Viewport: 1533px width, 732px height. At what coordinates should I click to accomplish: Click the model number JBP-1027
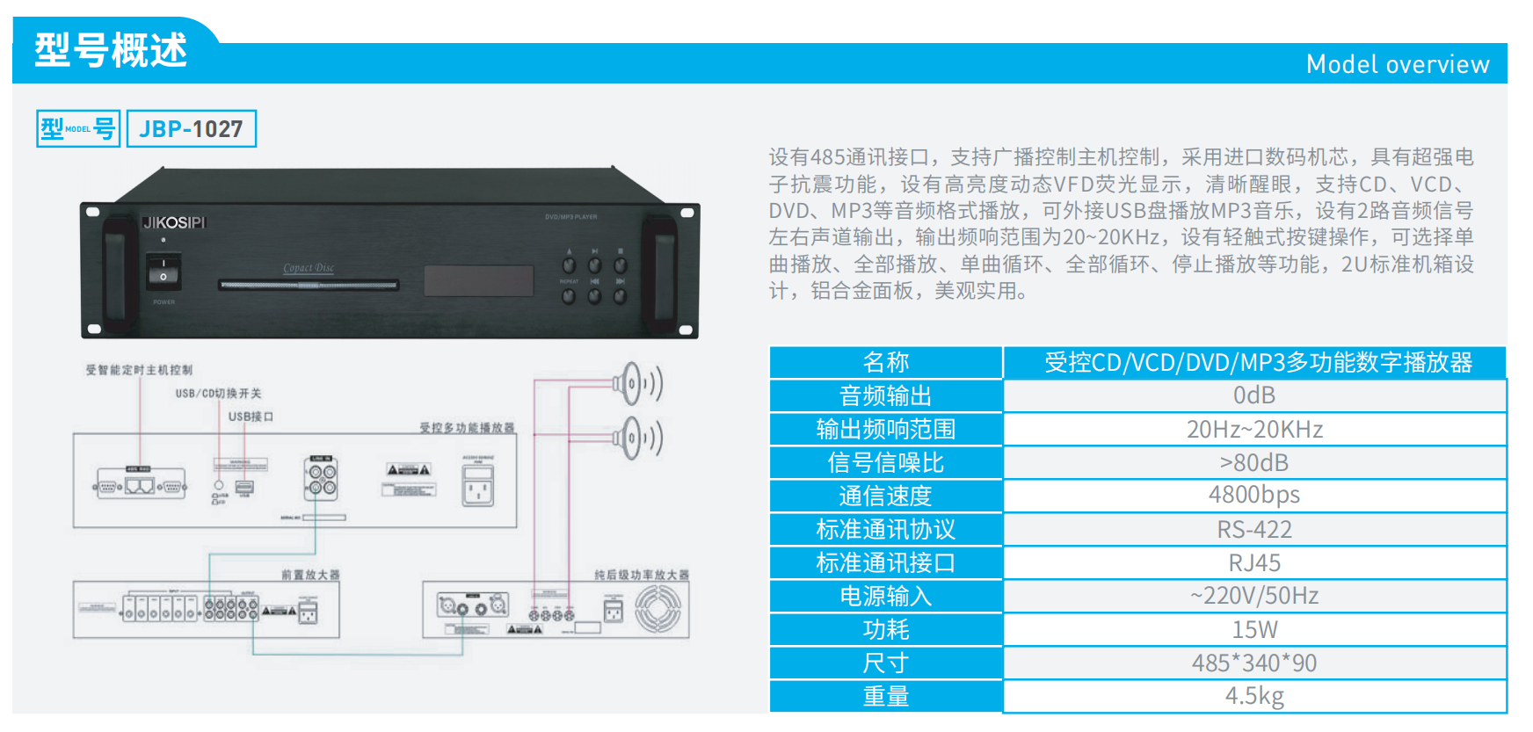(191, 129)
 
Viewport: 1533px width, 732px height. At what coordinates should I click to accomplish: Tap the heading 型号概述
(111, 50)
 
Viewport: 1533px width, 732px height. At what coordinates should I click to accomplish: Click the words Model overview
(1397, 64)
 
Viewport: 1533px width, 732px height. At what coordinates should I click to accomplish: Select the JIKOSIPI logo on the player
(174, 223)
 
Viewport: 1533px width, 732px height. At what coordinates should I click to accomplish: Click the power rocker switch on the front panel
(163, 271)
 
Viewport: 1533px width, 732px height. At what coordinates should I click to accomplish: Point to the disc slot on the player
(309, 285)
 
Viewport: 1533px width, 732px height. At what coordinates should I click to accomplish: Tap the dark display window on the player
(478, 281)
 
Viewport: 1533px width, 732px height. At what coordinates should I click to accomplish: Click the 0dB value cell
(1253, 395)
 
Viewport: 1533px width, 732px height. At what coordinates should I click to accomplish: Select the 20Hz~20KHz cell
(1253, 429)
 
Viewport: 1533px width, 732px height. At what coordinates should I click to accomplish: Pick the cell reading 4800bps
(1253, 496)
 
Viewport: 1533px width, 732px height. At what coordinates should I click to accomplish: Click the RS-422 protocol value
(1253, 529)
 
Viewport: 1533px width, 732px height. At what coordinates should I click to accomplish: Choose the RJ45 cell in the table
(1253, 562)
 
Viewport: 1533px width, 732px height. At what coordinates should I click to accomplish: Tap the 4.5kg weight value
(1253, 696)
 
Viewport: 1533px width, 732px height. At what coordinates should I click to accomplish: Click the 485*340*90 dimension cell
(1253, 663)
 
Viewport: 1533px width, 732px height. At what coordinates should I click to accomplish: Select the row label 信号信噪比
(885, 462)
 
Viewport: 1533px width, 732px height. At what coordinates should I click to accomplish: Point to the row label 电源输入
(885, 596)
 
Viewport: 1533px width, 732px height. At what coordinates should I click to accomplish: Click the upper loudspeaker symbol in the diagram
(635, 384)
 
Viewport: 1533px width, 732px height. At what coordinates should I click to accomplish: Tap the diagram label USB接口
(251, 417)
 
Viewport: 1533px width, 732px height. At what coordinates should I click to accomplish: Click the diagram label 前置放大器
(310, 575)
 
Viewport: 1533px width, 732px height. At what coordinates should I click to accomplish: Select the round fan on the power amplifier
(658, 609)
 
